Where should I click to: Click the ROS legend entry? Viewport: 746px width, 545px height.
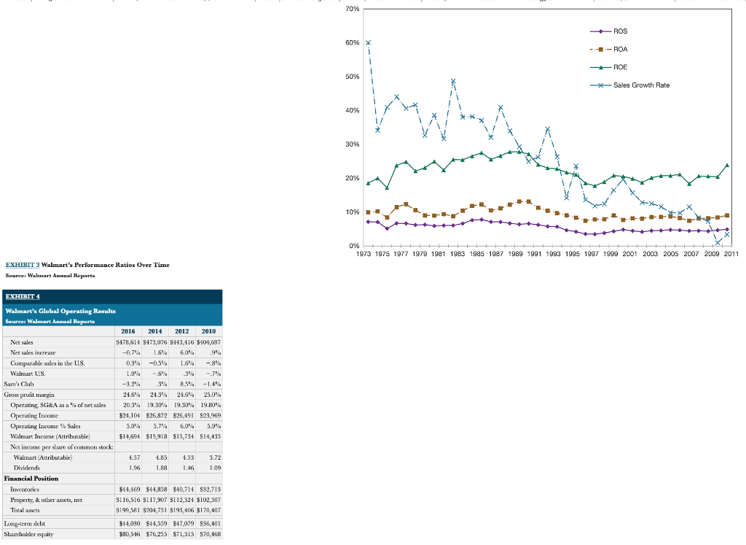(x=620, y=31)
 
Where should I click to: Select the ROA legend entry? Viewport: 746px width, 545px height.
(x=620, y=50)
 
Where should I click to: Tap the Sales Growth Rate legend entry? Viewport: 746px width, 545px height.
(x=640, y=85)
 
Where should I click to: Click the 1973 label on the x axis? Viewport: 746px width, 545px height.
(x=367, y=254)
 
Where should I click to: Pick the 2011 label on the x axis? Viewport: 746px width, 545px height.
(x=728, y=254)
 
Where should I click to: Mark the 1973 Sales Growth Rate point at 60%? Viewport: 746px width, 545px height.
(x=369, y=42)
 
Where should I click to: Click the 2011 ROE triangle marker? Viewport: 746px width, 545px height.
(x=727, y=166)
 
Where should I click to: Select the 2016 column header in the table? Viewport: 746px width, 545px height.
(x=128, y=331)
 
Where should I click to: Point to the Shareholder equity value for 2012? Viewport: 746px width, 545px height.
(x=186, y=533)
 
